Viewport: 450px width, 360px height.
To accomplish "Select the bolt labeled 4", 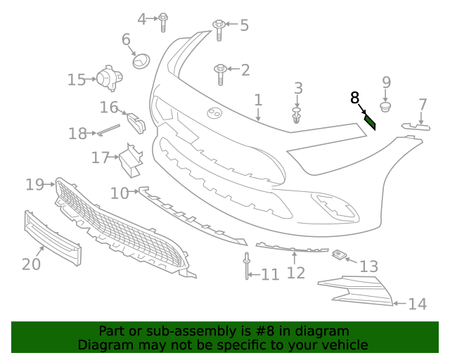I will [x=163, y=21].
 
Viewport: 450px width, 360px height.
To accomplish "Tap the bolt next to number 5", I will [x=219, y=29].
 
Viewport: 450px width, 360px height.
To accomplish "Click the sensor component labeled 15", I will [x=108, y=78].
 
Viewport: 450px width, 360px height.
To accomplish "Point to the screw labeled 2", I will [x=220, y=70].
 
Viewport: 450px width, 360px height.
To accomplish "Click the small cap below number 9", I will [x=386, y=107].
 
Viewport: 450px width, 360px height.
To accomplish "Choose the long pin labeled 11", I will [x=247, y=266].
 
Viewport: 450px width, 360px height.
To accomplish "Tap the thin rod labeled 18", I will [x=109, y=129].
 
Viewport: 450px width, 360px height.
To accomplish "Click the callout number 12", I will [x=296, y=272].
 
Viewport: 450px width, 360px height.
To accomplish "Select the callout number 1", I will [x=258, y=100].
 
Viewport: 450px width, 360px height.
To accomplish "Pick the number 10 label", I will [x=119, y=192].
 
